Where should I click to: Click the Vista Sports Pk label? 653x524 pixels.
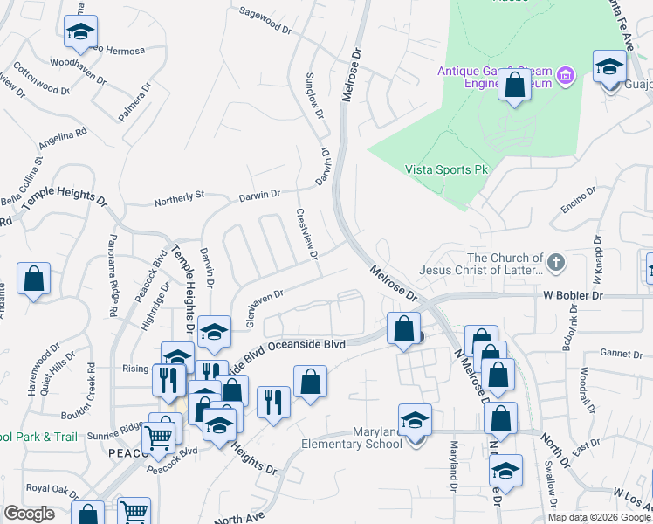click(446, 169)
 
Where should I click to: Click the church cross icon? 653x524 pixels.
click(555, 262)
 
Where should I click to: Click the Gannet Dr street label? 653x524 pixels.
click(621, 353)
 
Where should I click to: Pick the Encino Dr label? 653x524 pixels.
click(578, 203)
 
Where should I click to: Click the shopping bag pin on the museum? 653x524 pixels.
click(515, 86)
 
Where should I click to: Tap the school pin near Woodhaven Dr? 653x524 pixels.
click(80, 32)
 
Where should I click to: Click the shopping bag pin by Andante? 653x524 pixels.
click(33, 279)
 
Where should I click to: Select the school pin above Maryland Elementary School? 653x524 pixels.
click(415, 419)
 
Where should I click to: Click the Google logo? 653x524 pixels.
click(30, 514)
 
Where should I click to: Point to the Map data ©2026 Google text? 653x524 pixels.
click(599, 517)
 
